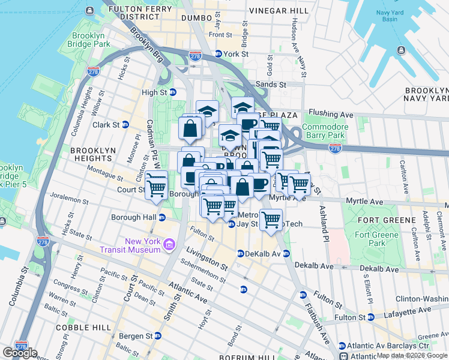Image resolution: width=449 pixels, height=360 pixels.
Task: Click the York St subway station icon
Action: click(x=219, y=54)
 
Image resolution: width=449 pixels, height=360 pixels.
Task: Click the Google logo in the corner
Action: click(x=20, y=353)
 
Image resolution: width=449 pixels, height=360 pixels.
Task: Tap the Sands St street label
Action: click(x=271, y=85)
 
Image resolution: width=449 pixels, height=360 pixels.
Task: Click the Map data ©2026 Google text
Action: click(x=412, y=355)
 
